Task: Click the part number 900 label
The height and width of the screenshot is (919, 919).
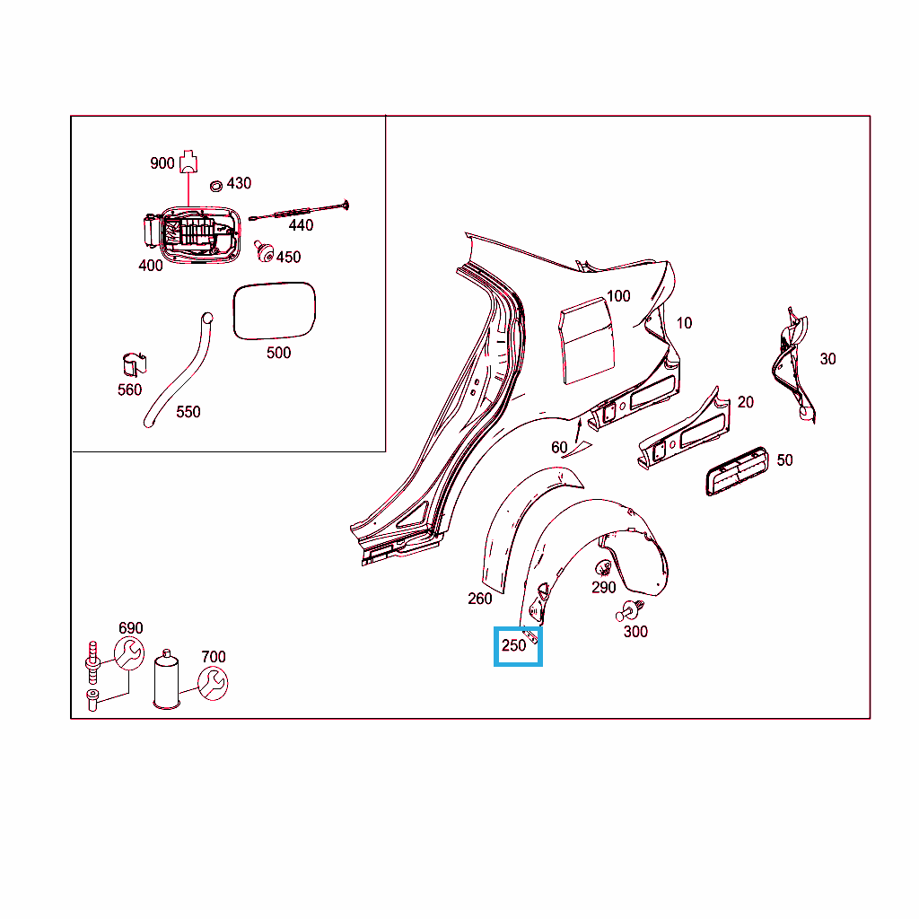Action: click(162, 163)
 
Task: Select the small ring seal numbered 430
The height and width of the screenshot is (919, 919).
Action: click(216, 186)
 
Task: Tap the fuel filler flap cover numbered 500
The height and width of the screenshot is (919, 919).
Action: click(275, 311)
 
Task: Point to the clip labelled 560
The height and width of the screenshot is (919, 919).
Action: click(135, 364)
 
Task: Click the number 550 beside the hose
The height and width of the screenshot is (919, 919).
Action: click(188, 412)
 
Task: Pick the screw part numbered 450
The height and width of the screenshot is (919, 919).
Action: click(264, 251)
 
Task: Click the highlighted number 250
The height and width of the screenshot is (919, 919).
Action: click(514, 645)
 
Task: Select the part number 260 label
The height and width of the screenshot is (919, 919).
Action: click(480, 599)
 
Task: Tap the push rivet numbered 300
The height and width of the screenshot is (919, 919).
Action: click(629, 610)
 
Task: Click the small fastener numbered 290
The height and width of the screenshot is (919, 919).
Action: click(603, 568)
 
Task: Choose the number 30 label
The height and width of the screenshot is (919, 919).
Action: click(827, 359)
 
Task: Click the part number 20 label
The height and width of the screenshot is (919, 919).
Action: click(746, 402)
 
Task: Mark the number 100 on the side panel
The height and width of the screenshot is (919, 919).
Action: click(618, 296)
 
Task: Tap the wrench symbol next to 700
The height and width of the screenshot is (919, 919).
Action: click(213, 684)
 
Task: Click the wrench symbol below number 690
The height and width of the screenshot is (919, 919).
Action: click(129, 654)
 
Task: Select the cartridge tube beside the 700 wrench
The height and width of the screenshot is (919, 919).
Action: click(166, 679)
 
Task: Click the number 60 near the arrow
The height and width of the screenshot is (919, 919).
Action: click(559, 447)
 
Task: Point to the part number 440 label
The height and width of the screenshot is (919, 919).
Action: click(301, 225)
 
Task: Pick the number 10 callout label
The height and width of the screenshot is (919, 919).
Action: click(684, 323)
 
